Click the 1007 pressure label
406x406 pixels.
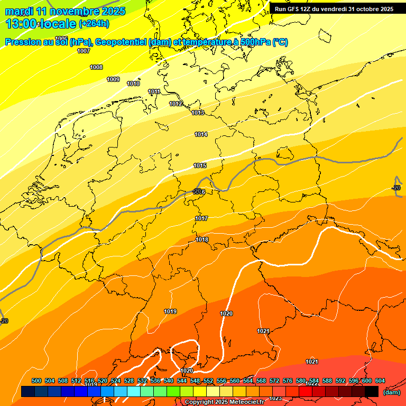tap(83, 51)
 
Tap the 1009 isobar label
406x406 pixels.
tap(113, 79)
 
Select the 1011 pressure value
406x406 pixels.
tap(154, 91)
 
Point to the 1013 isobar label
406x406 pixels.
tap(198, 113)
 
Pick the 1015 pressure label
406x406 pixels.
tap(200, 165)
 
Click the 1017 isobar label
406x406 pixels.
tap(201, 218)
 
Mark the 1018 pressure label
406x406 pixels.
tap(202, 239)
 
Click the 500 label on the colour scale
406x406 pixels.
tap(36, 381)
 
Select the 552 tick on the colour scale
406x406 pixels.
tap(208, 381)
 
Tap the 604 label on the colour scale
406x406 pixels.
tap(380, 381)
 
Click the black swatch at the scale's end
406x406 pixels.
tap(372, 391)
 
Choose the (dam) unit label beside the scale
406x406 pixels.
tap(391, 392)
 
